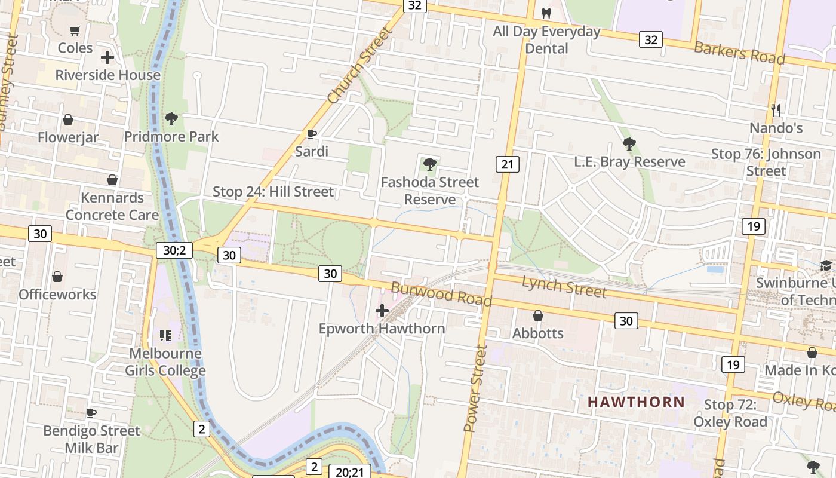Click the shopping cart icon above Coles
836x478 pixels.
pos(75,30)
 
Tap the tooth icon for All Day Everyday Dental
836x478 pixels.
pos(546,13)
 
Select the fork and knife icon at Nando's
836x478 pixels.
pos(776,110)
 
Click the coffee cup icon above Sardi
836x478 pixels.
pos(311,134)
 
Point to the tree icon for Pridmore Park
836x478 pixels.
pos(171,119)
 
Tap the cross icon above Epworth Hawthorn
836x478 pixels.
pos(382,311)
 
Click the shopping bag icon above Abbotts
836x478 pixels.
pos(537,315)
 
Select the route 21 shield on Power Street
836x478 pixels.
pos(507,164)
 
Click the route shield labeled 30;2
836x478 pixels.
pos(174,250)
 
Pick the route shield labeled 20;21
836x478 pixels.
pos(349,471)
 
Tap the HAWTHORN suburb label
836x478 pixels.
pos(636,402)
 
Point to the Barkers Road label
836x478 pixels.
pos(739,53)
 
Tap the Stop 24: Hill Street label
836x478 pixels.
pos(273,192)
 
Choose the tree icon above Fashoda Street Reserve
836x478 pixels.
pos(429,164)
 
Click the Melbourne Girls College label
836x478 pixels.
pos(165,361)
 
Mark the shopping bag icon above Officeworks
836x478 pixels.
pos(57,277)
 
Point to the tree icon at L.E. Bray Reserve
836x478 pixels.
pos(629,143)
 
